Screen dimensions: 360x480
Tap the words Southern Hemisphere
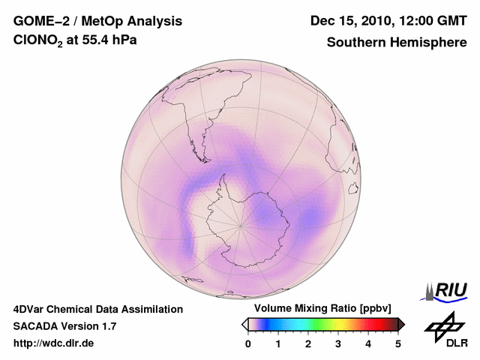tap(396, 43)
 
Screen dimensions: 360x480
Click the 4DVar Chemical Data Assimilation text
tap(98, 309)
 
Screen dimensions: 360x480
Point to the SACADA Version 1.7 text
tap(65, 326)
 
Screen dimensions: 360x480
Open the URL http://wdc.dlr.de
tap(54, 343)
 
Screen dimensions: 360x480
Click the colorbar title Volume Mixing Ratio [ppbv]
tap(323, 309)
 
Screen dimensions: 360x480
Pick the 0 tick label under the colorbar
tap(248, 343)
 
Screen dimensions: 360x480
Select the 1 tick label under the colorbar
tap(278, 343)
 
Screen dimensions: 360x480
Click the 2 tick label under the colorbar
tap(308, 343)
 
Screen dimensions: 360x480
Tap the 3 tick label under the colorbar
tap(338, 343)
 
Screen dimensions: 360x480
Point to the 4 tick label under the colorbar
tap(368, 343)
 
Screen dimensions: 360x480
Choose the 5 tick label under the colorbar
tap(398, 343)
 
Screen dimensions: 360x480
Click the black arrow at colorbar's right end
tap(402, 324)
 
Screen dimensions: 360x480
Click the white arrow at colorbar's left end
tap(244, 324)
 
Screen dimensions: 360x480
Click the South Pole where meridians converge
tap(241, 224)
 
